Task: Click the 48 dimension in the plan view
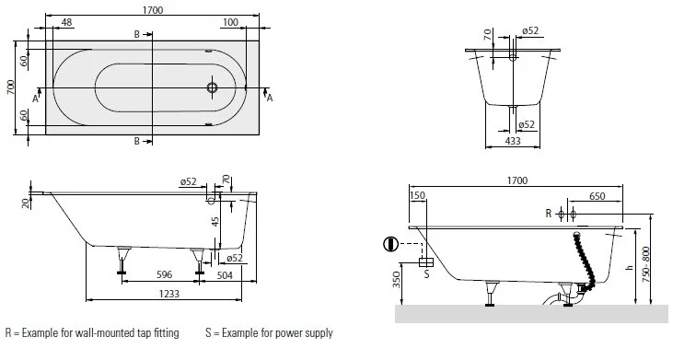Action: point(66,22)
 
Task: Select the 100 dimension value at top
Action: point(230,22)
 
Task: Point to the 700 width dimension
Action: point(11,87)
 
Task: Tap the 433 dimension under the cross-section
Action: point(512,141)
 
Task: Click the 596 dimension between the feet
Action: point(164,274)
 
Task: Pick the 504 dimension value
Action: point(225,275)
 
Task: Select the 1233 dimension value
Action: point(169,294)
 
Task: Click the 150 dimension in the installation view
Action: point(417,195)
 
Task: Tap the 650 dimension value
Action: point(597,196)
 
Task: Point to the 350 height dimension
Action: point(397,279)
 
